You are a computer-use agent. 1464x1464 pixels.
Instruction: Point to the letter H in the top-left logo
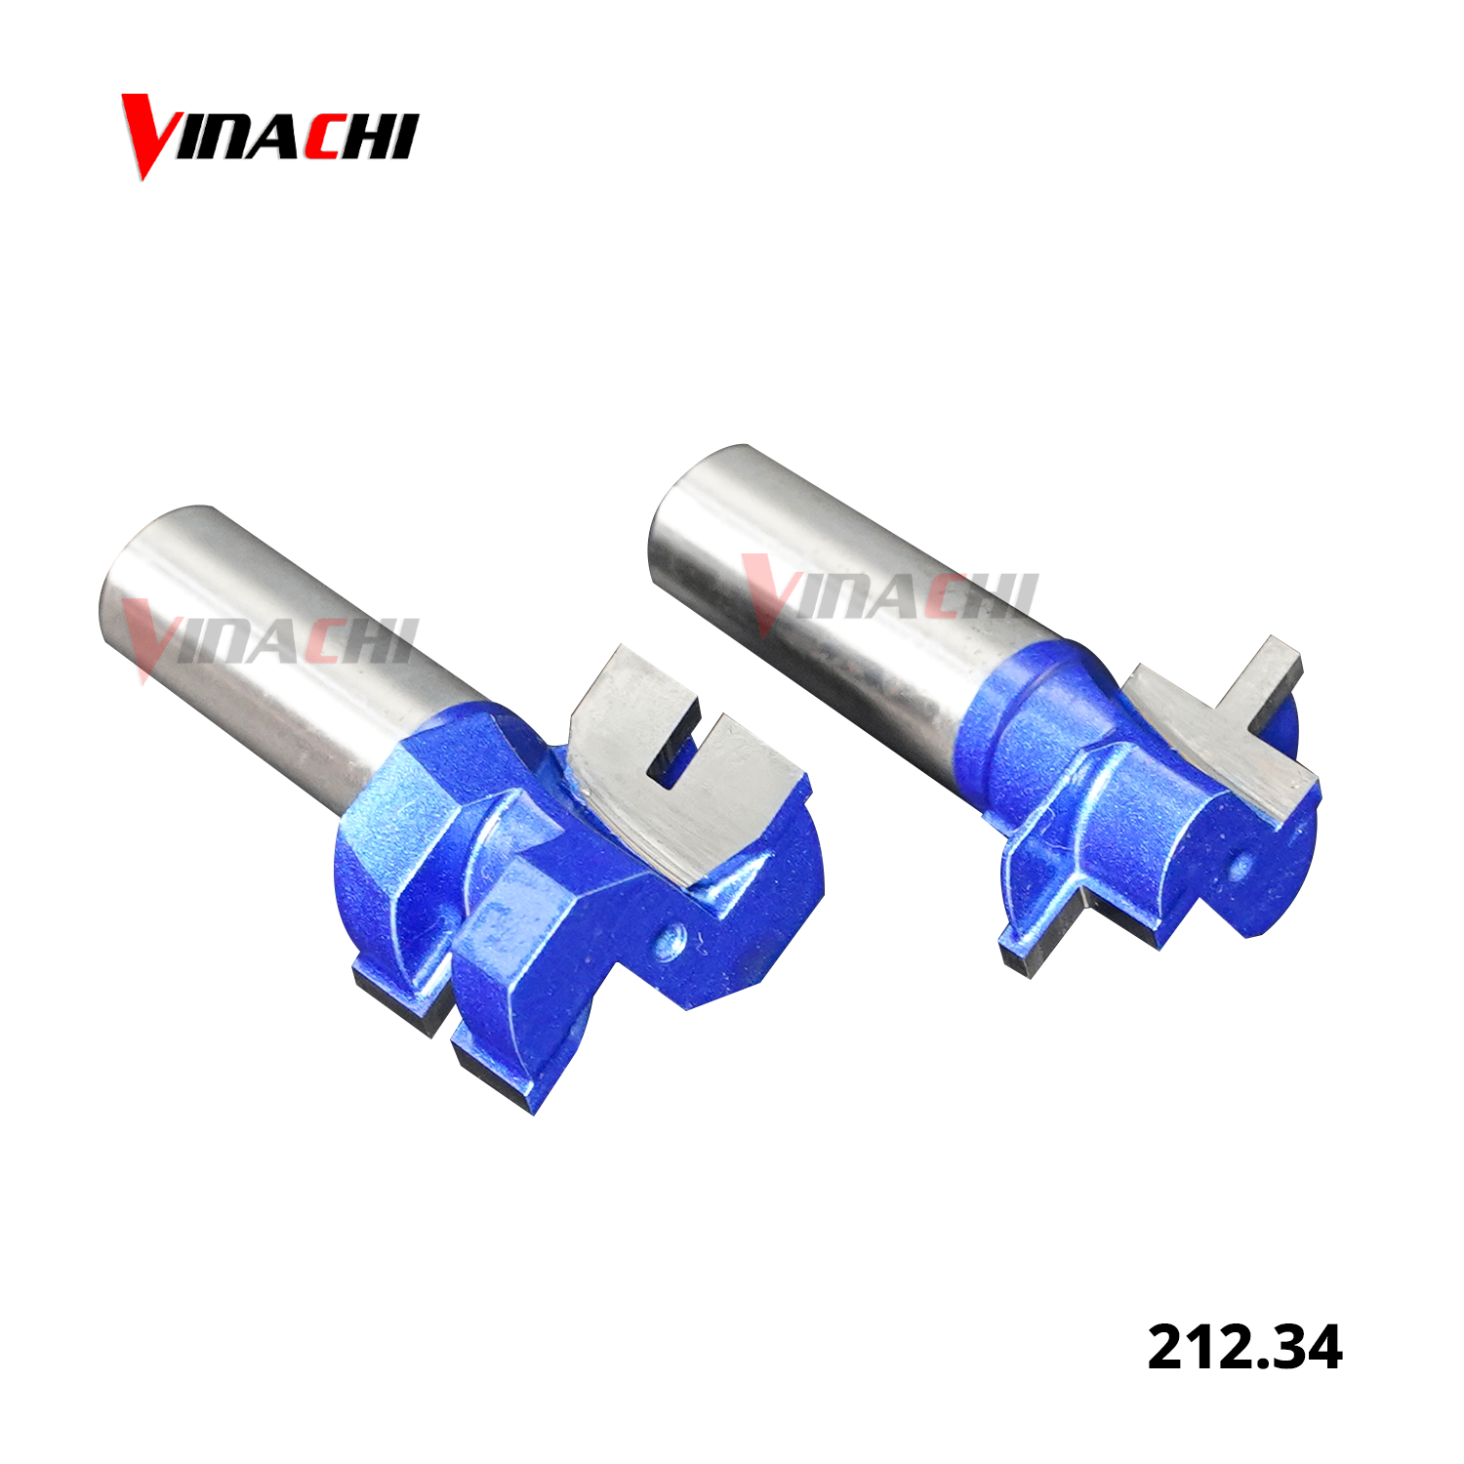pos(367,138)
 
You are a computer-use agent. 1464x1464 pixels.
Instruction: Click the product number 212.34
pos(1244,1348)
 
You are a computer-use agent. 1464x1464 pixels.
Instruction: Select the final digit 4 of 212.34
pos(1322,1348)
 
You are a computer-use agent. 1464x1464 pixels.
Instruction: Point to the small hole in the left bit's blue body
pos(669,942)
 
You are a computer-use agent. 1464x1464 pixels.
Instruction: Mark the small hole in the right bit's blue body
pos(1240,864)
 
